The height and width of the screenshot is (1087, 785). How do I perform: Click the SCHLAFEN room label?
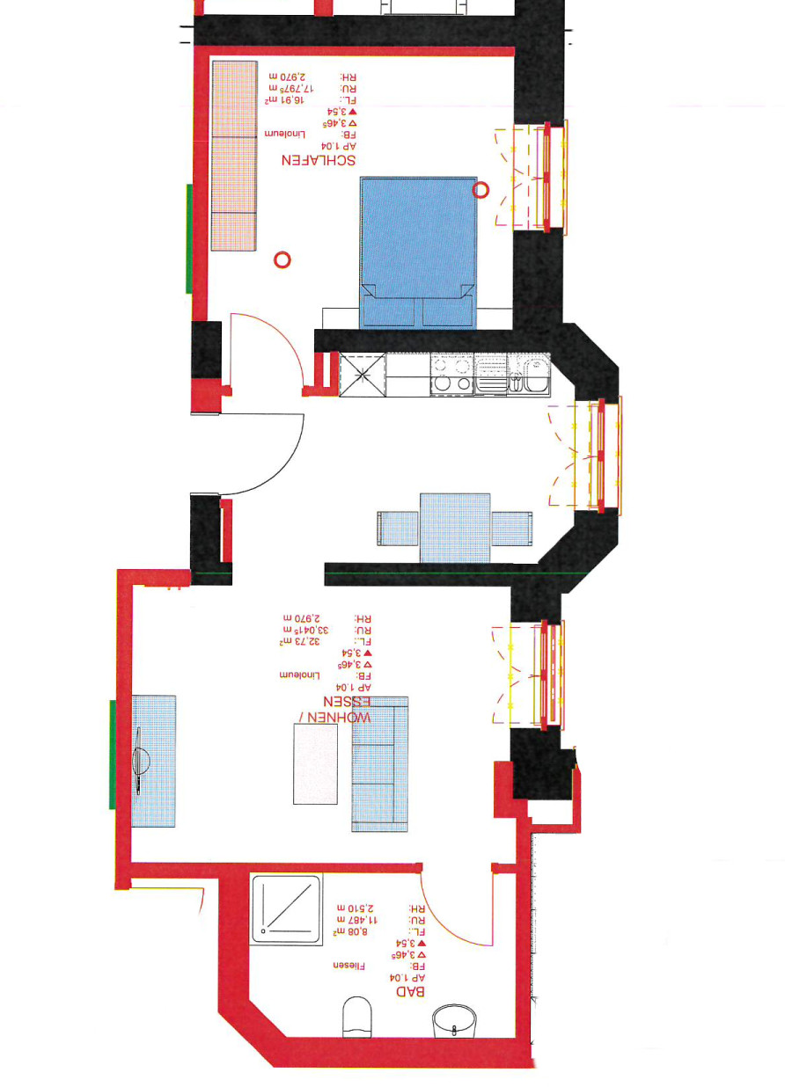(x=318, y=160)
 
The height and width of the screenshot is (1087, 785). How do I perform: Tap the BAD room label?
(x=411, y=990)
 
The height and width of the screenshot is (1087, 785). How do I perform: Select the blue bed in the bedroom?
(x=418, y=252)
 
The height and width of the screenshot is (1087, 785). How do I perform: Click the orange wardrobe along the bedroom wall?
(x=234, y=155)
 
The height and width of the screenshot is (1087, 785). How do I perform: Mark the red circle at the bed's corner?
(x=481, y=189)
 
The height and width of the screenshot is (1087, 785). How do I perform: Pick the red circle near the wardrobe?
(x=282, y=259)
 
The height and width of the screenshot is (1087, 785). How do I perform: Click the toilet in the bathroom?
(x=357, y=1016)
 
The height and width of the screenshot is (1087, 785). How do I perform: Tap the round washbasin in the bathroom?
(x=454, y=1023)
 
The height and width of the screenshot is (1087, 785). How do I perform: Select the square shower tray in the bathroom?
(x=286, y=908)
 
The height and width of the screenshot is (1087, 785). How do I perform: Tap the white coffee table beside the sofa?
(x=315, y=763)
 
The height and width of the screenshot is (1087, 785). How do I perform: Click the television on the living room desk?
(x=141, y=762)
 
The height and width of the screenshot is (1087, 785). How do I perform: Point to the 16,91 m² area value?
(x=288, y=101)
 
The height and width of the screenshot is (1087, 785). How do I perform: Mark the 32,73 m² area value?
(x=300, y=641)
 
